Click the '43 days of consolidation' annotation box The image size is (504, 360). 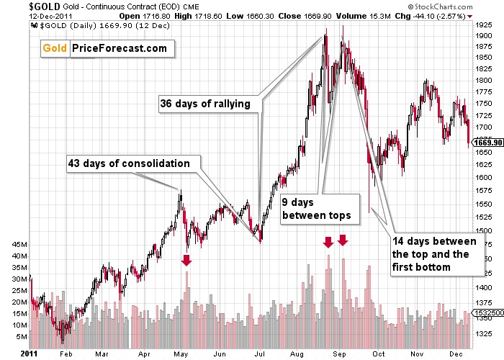tap(130, 163)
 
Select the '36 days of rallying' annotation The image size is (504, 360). tap(205, 104)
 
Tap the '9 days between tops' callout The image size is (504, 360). tap(316, 209)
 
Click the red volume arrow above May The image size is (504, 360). tap(186, 260)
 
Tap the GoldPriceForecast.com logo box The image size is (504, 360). tap(107, 49)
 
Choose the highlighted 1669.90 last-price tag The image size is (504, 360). tap(486, 143)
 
